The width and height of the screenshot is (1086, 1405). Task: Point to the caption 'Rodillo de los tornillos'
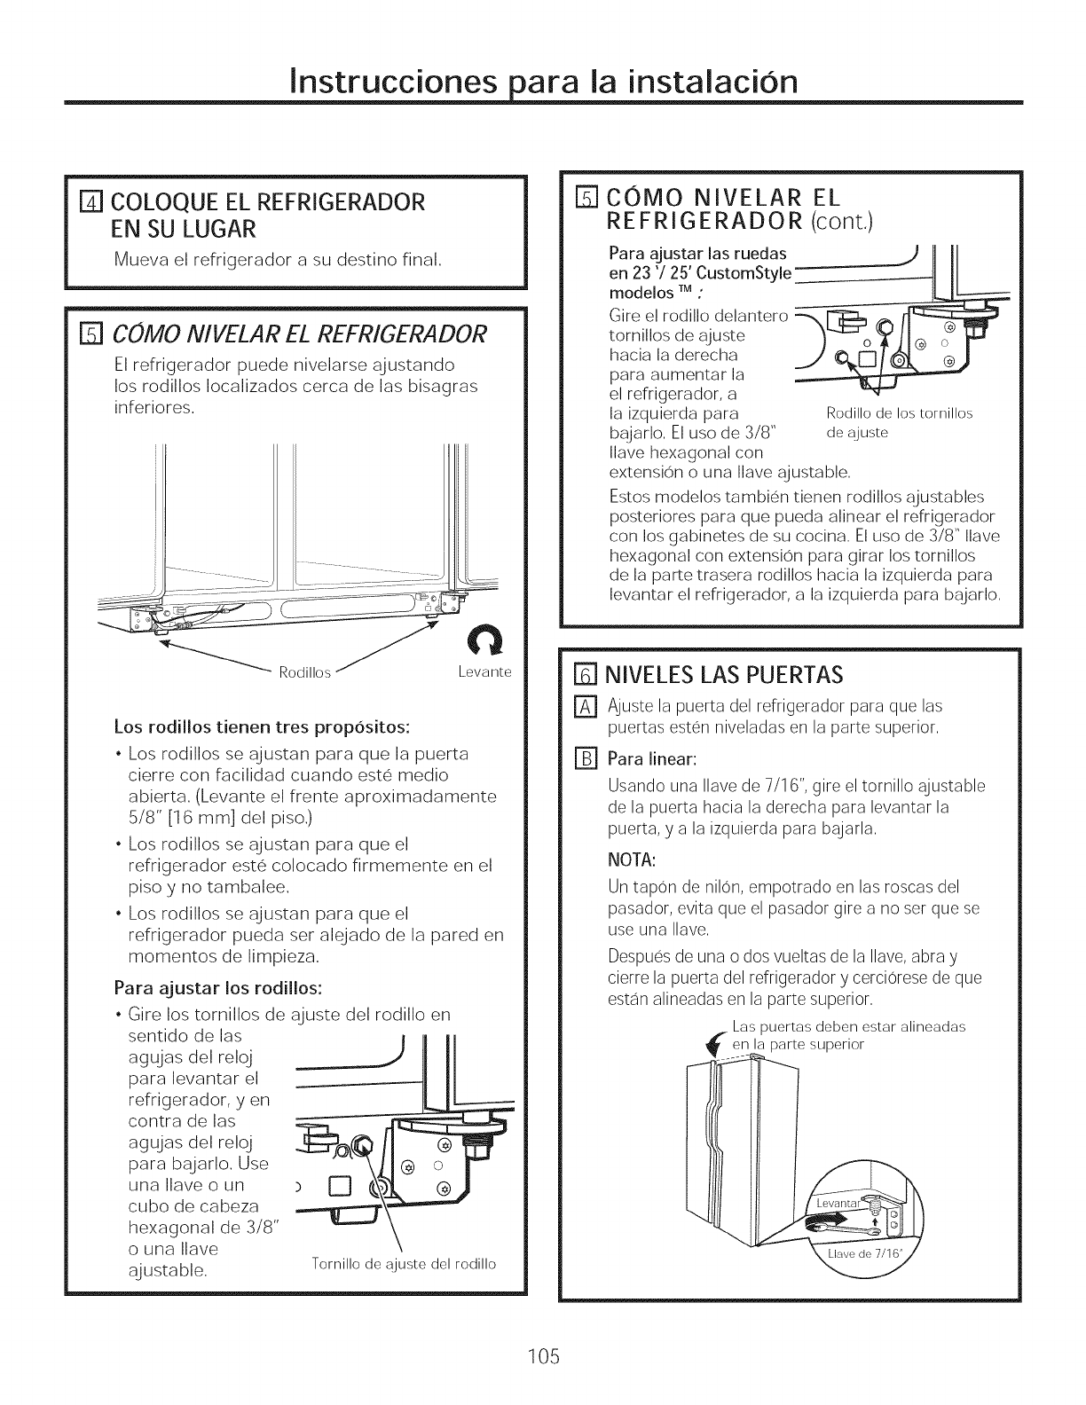(899, 413)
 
